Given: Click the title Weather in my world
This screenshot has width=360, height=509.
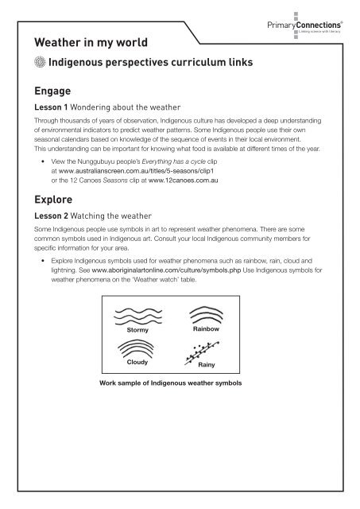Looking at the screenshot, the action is (x=97, y=41).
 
